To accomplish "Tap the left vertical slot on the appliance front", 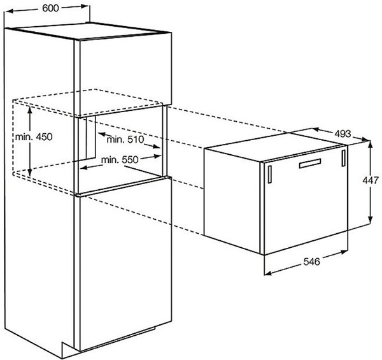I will click(270, 172).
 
